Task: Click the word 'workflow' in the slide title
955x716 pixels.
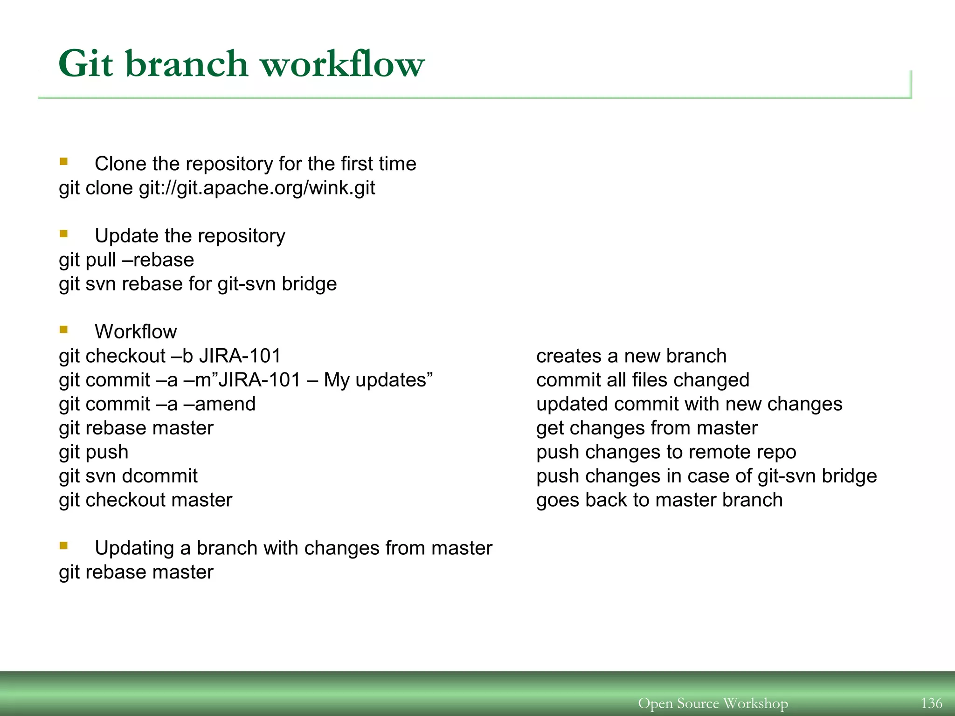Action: pos(342,64)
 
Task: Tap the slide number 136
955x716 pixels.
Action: pos(931,702)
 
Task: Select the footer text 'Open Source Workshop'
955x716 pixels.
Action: pos(713,703)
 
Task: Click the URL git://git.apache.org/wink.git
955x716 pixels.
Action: pos(257,188)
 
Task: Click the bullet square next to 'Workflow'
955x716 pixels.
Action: pos(64,330)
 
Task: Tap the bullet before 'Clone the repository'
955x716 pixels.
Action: pos(64,162)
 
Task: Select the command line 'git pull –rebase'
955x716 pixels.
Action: pos(126,260)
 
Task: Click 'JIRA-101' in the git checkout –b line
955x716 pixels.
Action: pos(240,356)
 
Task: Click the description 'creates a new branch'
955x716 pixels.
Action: pos(631,356)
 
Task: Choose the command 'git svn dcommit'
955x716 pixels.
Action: pos(128,476)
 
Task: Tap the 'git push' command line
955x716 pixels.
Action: pos(94,452)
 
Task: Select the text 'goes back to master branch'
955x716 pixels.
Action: pos(659,500)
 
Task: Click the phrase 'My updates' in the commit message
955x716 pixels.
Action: pos(375,380)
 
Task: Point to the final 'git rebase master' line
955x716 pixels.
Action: pos(136,572)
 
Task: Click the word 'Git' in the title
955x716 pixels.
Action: pos(86,64)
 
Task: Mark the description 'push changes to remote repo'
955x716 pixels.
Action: pos(666,452)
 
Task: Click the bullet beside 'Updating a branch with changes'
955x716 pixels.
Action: pos(64,546)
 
